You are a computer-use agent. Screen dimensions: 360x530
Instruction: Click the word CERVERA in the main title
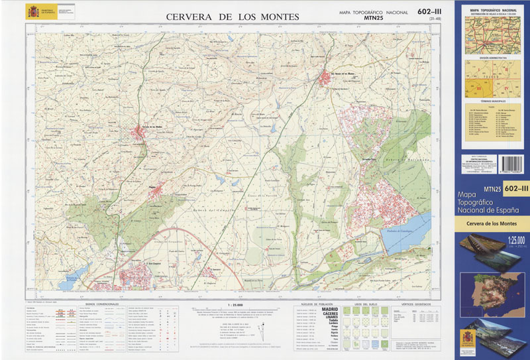point(187,17)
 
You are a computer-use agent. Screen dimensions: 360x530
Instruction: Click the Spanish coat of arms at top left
point(32,11)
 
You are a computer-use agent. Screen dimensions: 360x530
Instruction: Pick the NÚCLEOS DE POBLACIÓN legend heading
point(315,304)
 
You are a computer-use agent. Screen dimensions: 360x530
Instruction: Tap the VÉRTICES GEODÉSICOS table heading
point(415,304)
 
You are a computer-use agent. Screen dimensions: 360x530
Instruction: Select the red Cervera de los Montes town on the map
point(140,133)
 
